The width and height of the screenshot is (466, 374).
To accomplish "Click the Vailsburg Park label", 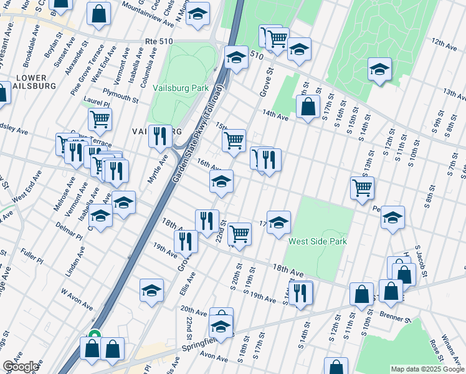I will click(x=180, y=88).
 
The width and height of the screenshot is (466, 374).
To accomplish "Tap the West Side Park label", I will click(x=317, y=241).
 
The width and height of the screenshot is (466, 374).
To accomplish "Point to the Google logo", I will click(x=20, y=367).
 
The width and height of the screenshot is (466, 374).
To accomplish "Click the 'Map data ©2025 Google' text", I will click(x=427, y=369).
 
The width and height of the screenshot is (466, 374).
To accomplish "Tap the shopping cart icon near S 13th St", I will click(x=361, y=187).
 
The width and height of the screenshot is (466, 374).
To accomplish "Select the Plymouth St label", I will click(x=121, y=98).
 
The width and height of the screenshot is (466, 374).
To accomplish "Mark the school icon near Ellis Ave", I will click(x=151, y=291).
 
